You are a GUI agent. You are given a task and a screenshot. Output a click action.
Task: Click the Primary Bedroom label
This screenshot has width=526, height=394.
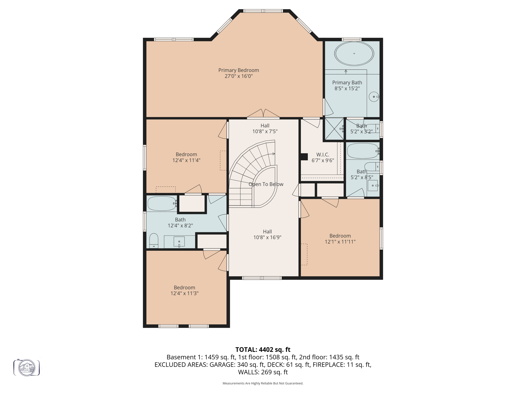(x=238, y=70)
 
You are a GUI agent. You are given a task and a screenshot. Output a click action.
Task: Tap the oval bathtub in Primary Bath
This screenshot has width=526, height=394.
(x=354, y=54)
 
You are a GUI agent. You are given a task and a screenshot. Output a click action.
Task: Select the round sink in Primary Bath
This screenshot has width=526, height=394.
(x=374, y=97)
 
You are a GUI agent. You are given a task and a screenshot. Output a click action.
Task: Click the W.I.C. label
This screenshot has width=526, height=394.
(x=323, y=155)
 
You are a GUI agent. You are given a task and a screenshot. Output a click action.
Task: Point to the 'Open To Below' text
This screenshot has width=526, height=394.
(x=266, y=184)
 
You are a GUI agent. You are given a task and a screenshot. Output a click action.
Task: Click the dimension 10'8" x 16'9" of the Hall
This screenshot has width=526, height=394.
(x=267, y=238)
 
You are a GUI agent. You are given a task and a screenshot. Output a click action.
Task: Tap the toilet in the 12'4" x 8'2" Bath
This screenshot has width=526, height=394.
(x=154, y=241)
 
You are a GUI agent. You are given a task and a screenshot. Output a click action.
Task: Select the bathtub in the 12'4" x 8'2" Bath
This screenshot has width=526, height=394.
(x=162, y=203)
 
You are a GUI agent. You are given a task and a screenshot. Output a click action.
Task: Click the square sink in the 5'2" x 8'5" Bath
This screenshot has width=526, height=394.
(x=373, y=185)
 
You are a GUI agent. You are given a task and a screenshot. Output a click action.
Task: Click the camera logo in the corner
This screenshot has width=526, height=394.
(x=27, y=368)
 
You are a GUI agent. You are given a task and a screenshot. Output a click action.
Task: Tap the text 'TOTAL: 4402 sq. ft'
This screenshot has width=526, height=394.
(x=263, y=350)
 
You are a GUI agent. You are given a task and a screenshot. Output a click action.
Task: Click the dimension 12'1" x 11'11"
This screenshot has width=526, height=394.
(x=340, y=242)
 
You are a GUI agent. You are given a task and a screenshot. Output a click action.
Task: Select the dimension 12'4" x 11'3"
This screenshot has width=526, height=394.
(x=184, y=293)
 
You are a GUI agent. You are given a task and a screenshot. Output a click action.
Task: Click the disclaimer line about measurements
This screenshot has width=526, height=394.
(x=263, y=383)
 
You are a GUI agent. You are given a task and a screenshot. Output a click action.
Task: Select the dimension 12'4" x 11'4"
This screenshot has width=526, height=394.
(x=186, y=160)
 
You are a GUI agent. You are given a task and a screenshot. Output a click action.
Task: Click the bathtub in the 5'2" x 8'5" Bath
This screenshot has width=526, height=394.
(x=362, y=151)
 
